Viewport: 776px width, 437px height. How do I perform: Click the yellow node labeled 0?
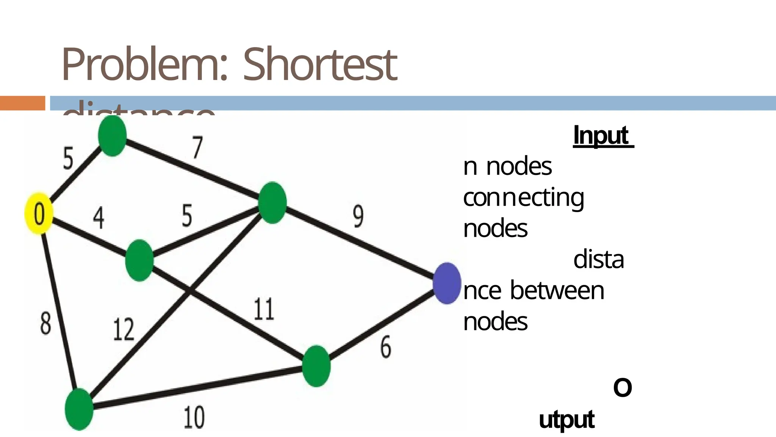(x=39, y=214)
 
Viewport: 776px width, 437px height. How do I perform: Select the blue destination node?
(x=447, y=283)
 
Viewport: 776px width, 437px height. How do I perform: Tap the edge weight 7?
(x=197, y=148)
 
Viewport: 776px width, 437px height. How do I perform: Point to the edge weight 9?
(x=358, y=216)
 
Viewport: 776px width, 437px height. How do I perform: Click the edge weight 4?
(x=99, y=218)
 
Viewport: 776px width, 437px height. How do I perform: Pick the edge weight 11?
(x=264, y=309)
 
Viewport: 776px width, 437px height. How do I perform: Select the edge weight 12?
(x=124, y=329)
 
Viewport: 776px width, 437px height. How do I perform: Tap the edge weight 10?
(x=194, y=417)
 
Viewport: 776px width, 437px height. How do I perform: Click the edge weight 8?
(x=45, y=324)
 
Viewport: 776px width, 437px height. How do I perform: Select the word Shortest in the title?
(x=320, y=64)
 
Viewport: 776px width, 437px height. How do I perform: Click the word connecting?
(x=523, y=198)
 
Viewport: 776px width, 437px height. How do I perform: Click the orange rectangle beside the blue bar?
(x=22, y=103)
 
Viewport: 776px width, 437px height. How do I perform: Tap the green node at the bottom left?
(x=79, y=409)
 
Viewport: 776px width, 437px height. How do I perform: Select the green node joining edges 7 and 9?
(x=272, y=203)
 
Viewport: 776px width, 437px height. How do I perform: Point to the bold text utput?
(x=566, y=420)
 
